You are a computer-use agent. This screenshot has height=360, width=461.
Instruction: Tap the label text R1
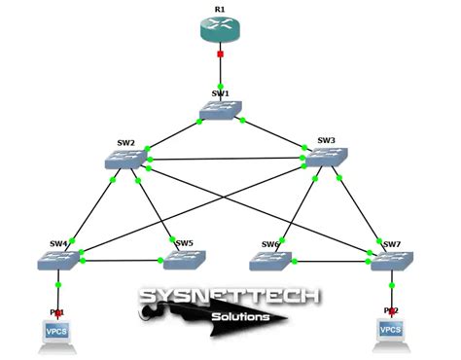(220, 10)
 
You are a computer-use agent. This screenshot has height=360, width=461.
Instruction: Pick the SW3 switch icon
(326, 158)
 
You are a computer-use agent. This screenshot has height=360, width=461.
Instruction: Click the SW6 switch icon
(269, 261)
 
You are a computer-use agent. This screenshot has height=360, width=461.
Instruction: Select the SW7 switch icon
(392, 261)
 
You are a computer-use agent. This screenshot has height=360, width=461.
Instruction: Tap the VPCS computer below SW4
(58, 334)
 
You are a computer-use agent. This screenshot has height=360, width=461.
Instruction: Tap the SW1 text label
(220, 93)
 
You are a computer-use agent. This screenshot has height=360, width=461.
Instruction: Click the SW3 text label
(326, 140)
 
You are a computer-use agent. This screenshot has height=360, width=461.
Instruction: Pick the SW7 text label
(392, 243)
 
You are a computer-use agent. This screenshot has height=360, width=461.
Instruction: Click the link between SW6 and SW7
(331, 261)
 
